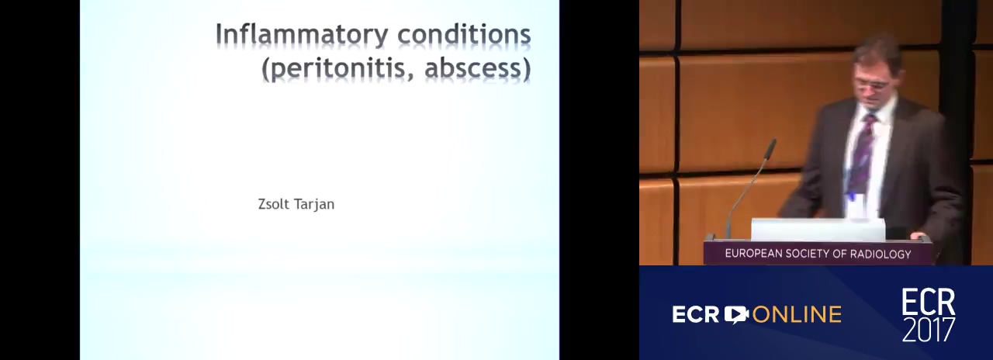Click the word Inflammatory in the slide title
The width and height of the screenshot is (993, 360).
[302, 35]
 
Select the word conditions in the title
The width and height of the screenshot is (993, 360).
[464, 34]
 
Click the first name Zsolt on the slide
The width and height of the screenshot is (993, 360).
[274, 204]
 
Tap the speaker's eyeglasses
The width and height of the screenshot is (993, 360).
[870, 85]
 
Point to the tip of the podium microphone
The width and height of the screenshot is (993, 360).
[773, 143]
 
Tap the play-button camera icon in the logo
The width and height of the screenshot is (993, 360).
[736, 314]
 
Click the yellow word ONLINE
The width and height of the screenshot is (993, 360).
[797, 315]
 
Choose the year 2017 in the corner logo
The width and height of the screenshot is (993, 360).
[929, 329]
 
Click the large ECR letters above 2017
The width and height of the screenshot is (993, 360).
[929, 302]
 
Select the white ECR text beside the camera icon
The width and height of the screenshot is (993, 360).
[696, 315]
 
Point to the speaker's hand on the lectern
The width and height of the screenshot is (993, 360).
[918, 235]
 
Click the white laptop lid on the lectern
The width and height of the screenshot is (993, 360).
[818, 230]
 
